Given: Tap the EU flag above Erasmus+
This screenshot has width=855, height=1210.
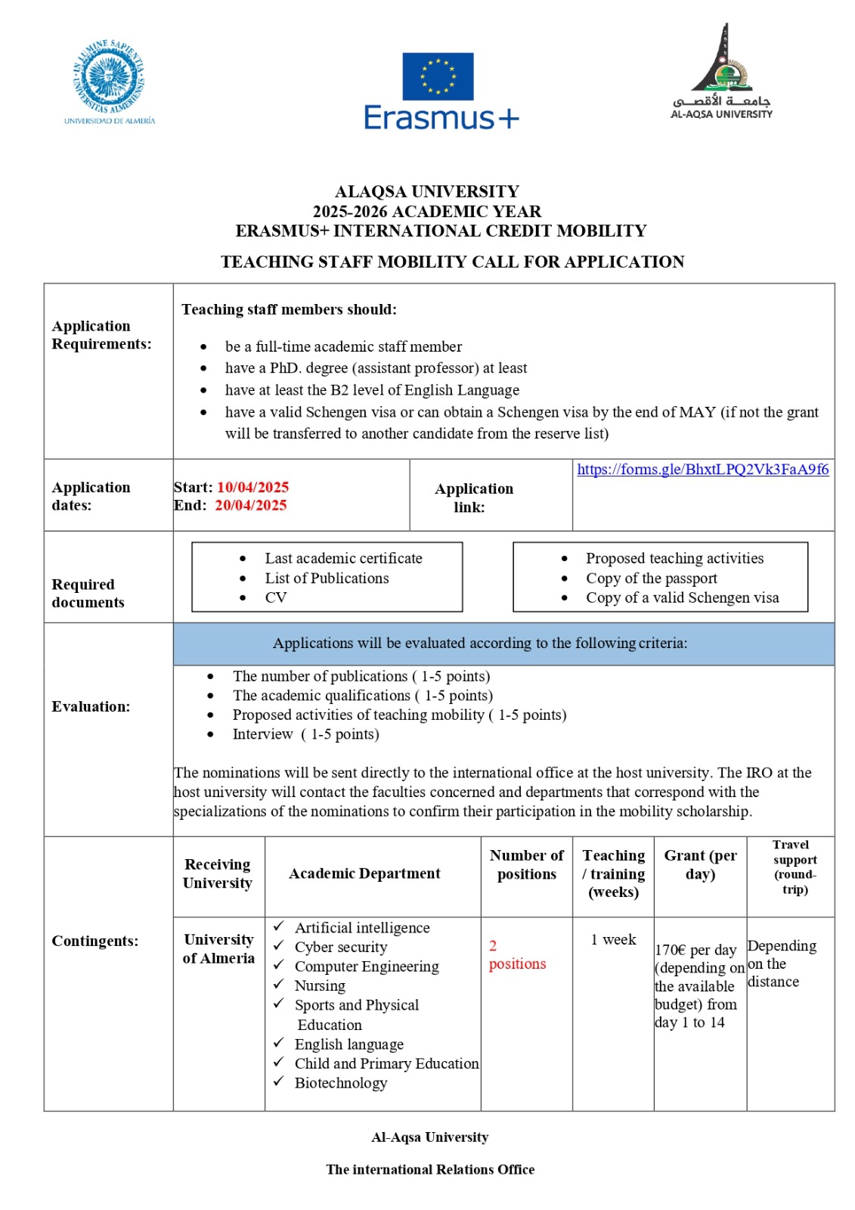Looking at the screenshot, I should click(438, 76).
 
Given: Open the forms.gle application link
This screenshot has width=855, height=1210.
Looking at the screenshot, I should click(702, 470).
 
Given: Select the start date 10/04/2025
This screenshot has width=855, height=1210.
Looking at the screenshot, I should click(252, 488).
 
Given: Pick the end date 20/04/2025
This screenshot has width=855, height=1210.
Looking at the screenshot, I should click(251, 506).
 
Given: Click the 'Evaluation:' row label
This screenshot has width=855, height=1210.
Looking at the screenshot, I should click(91, 707).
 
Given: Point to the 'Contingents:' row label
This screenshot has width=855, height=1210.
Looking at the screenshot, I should click(94, 942).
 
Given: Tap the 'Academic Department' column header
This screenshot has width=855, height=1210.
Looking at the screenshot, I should click(364, 874).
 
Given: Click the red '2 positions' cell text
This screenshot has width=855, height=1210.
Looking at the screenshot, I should click(517, 955).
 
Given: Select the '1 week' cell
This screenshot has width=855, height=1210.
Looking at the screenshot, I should click(613, 940).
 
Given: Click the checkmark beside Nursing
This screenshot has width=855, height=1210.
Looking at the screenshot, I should click(279, 985).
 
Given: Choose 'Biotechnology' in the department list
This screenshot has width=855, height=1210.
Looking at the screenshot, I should click(341, 1084).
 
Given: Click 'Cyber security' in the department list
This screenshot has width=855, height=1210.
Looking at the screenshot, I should click(341, 948).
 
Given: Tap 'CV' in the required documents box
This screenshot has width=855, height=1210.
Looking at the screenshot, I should click(276, 598).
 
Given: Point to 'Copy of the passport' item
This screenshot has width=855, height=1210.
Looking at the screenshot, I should click(651, 579).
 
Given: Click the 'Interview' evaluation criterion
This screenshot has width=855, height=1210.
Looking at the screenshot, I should click(262, 734).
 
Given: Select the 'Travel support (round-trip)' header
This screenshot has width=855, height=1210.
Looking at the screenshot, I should click(794, 867).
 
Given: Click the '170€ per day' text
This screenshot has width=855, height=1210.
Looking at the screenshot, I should click(695, 951).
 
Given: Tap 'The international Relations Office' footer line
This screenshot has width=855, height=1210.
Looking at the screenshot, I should click(430, 1170).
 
